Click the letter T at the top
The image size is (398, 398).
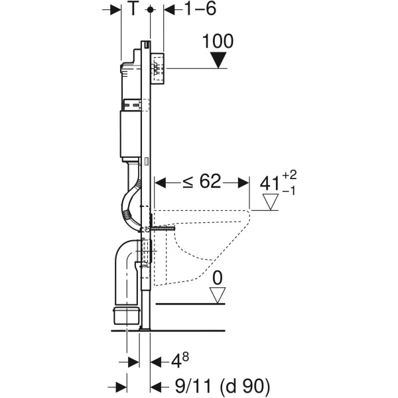[x=133, y=9]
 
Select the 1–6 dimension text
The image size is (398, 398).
[x=200, y=9]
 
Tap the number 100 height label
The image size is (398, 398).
[x=218, y=41]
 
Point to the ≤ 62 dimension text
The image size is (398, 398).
[x=202, y=182]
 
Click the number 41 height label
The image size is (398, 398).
[x=269, y=184]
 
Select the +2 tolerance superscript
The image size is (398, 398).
[x=289, y=175]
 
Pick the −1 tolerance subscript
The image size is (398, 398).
[x=289, y=191]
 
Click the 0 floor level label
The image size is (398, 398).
[x=218, y=278]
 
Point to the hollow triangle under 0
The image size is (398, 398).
[x=218, y=295]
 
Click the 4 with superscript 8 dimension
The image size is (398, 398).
[x=180, y=360]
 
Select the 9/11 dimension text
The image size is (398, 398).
[x=193, y=386]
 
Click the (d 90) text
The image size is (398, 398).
[x=245, y=387]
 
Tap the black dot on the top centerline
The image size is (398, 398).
[x=151, y=10]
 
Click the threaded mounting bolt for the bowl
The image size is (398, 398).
[x=163, y=228]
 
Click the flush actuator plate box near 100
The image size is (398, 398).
[x=157, y=68]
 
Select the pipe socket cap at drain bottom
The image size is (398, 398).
[x=127, y=316]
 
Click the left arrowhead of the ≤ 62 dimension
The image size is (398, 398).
[x=160, y=183]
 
